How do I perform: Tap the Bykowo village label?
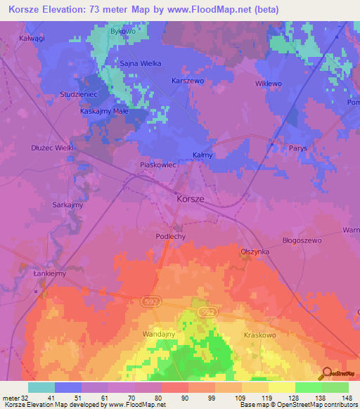tap(122, 32)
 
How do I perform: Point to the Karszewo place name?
tap(188, 81)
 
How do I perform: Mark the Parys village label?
tap(298, 148)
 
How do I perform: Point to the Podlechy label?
tap(170, 237)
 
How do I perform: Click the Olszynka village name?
tap(255, 251)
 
